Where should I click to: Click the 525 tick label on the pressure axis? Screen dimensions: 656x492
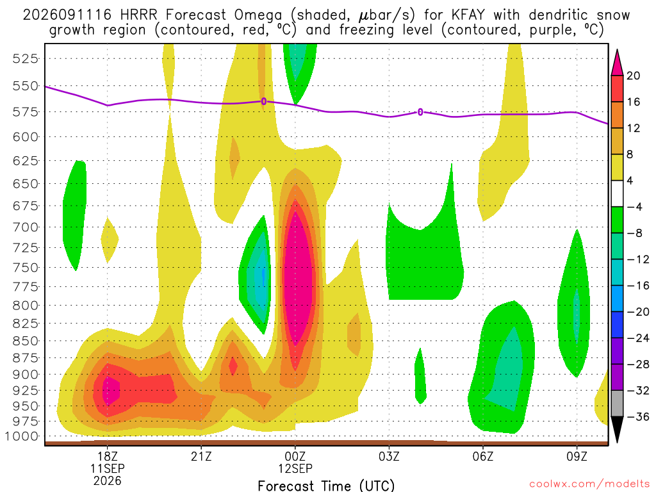tap(26, 58)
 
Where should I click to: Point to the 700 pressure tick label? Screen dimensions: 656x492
tap(26, 227)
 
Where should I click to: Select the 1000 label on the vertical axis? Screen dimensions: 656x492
tap(22, 436)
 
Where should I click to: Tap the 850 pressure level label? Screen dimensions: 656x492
tap(26, 341)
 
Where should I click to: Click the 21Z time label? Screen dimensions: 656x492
tap(201, 456)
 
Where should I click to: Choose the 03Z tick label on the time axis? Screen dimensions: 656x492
tap(389, 456)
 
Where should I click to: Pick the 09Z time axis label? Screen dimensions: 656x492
tap(577, 456)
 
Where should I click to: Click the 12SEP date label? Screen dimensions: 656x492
tap(295, 468)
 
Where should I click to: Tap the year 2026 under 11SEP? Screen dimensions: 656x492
tap(108, 480)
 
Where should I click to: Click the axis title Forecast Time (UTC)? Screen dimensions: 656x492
tap(326, 486)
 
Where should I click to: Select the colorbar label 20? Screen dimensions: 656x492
tap(634, 76)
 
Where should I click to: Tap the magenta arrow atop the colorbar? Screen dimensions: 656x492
tap(617, 63)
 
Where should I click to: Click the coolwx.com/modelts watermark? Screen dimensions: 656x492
tap(589, 484)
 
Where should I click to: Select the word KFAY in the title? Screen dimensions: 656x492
tap(468, 15)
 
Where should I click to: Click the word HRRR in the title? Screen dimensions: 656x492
tap(138, 15)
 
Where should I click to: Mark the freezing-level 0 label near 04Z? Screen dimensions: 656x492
tap(420, 112)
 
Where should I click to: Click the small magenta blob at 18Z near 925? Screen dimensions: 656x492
tap(110, 390)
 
